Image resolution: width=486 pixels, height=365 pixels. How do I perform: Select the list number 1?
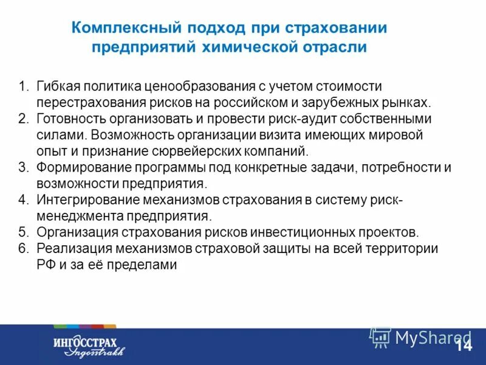[x=22, y=86]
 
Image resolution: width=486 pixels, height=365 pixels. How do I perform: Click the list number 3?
[x=22, y=167]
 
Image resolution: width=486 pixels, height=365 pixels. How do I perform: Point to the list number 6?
[x=22, y=248]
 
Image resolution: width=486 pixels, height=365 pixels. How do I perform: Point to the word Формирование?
[x=78, y=167]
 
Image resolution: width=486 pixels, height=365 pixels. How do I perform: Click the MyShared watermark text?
[x=433, y=337]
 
